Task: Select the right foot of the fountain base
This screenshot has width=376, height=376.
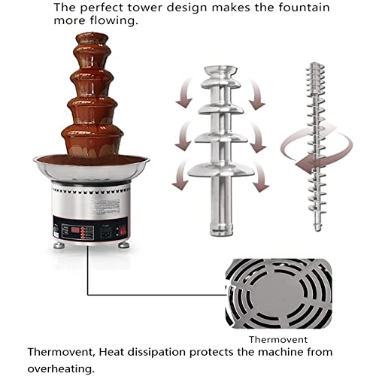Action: pos(123,246)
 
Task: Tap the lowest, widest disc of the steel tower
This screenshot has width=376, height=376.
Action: pos(220,168)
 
